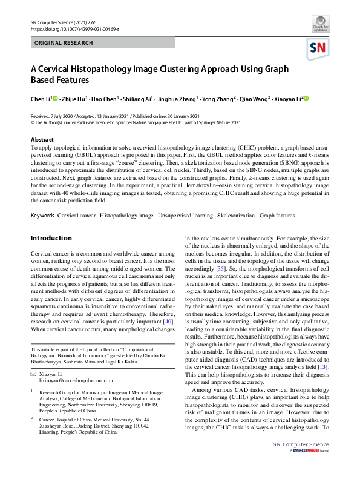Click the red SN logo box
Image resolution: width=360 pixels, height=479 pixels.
[321, 48]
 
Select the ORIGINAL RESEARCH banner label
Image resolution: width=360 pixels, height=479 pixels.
[64, 43]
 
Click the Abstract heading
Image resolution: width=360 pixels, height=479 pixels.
[42, 140]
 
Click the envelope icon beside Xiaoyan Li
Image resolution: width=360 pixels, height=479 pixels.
[33, 375]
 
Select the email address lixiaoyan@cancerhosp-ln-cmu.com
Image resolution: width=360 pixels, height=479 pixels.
[73, 383]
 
